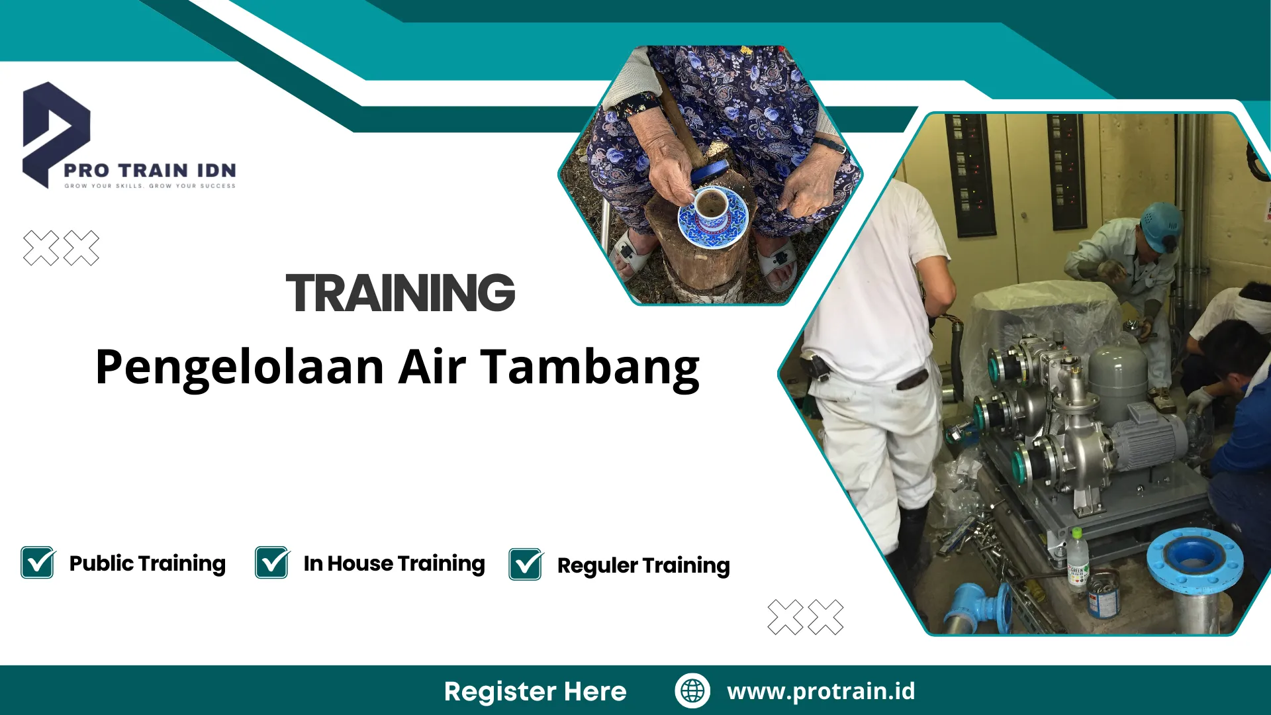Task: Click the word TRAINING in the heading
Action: (400, 293)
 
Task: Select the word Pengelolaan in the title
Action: (240, 369)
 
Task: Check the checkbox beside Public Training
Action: (38, 563)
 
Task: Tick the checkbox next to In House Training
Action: (272, 563)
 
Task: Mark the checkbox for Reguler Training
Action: (526, 565)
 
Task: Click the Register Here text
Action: (535, 691)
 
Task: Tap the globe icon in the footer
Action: (692, 691)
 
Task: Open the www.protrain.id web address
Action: (821, 691)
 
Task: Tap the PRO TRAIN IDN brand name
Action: (150, 170)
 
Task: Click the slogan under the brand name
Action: (150, 186)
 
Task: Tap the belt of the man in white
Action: (912, 380)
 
